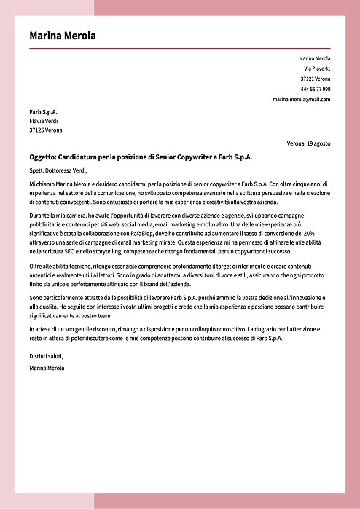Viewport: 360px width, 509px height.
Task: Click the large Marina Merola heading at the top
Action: [x=63, y=36]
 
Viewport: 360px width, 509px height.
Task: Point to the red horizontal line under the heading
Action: [x=179, y=48]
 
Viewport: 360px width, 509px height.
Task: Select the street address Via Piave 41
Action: [x=317, y=68]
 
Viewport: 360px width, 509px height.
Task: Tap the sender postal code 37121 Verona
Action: [x=315, y=78]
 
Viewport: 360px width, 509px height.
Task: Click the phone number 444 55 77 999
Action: [x=315, y=88]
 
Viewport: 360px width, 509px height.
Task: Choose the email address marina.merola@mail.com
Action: [x=302, y=99]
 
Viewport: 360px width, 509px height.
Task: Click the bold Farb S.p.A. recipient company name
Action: [x=43, y=111]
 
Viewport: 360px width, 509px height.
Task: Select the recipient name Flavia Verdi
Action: [x=43, y=121]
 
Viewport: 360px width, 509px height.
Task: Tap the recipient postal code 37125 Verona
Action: [x=46, y=130]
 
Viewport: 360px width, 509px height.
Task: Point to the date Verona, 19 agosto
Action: [x=308, y=143]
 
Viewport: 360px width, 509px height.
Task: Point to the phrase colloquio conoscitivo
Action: [x=214, y=330]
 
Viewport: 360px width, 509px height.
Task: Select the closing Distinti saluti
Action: [x=46, y=355]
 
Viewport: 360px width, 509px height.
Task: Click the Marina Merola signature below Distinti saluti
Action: [x=47, y=368]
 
